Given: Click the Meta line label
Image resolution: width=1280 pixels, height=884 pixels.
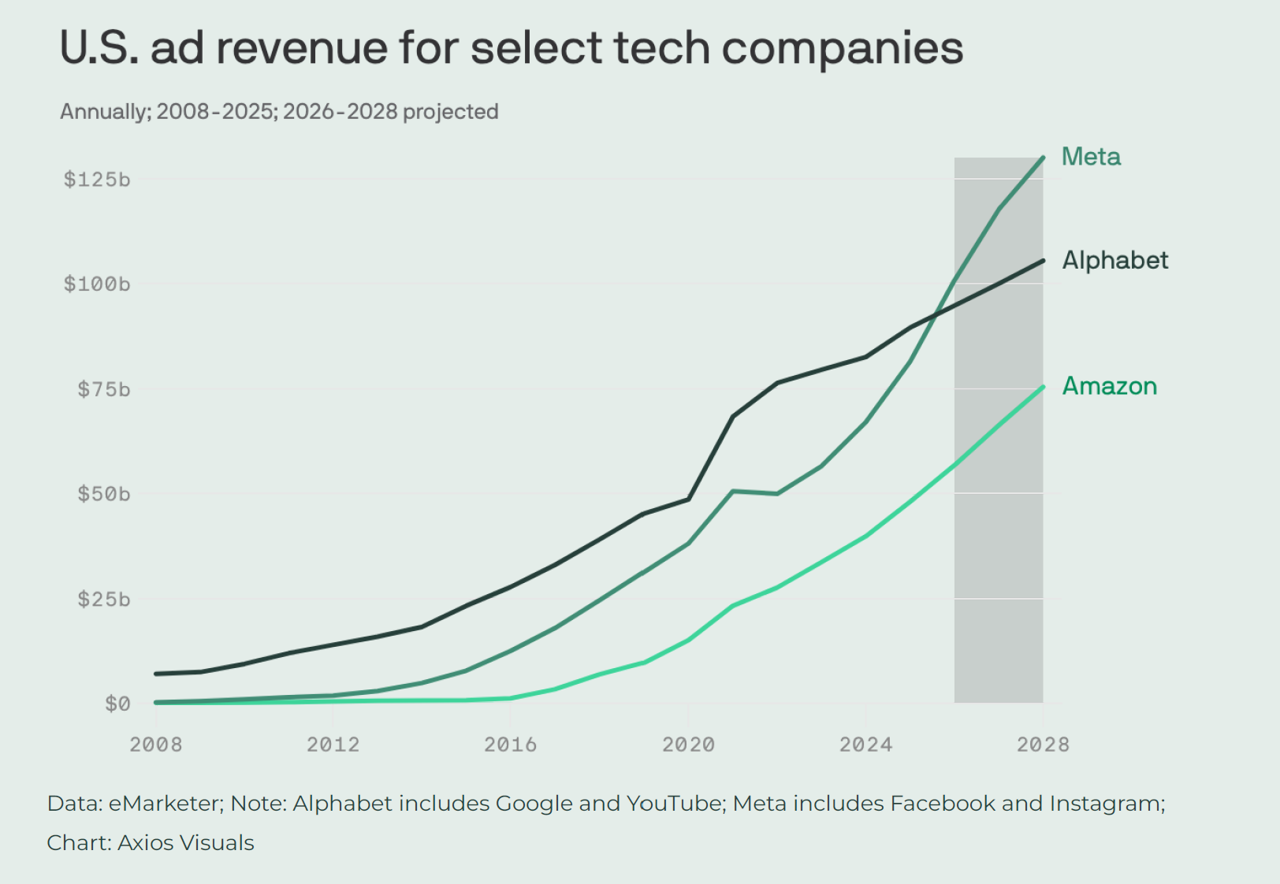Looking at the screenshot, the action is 1091,157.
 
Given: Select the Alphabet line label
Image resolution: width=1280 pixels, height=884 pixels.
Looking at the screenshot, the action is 1114,261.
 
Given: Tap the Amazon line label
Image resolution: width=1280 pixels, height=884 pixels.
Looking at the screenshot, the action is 1109,387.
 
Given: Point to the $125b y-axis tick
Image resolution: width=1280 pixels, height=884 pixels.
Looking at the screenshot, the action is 97,180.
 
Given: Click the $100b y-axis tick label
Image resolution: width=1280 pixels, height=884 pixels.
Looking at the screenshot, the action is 97,284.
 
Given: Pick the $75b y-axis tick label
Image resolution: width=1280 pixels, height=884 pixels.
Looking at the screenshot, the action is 103,389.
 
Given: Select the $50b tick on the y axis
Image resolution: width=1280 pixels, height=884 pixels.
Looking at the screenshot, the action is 103,494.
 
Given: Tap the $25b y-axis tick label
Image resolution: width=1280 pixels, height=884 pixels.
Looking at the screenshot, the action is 103,599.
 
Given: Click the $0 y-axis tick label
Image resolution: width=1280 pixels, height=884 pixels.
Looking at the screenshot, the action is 117,704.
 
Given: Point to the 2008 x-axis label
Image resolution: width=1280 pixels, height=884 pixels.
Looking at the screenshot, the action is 156,745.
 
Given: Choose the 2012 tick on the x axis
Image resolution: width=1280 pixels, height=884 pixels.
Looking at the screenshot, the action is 333,745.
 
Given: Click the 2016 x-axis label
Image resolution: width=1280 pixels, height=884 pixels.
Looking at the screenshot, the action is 510,745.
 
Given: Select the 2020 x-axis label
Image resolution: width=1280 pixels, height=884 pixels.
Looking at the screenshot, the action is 689,745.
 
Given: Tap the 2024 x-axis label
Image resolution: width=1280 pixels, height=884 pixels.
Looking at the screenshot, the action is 865,745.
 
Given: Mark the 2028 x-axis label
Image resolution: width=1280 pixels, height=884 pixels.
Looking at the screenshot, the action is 1043,745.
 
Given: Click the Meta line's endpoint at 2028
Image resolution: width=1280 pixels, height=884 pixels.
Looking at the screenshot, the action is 1043,158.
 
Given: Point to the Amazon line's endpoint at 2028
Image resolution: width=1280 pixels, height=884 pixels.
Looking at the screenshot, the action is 1043,388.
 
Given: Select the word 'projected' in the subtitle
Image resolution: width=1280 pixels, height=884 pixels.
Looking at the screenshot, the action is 450,112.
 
